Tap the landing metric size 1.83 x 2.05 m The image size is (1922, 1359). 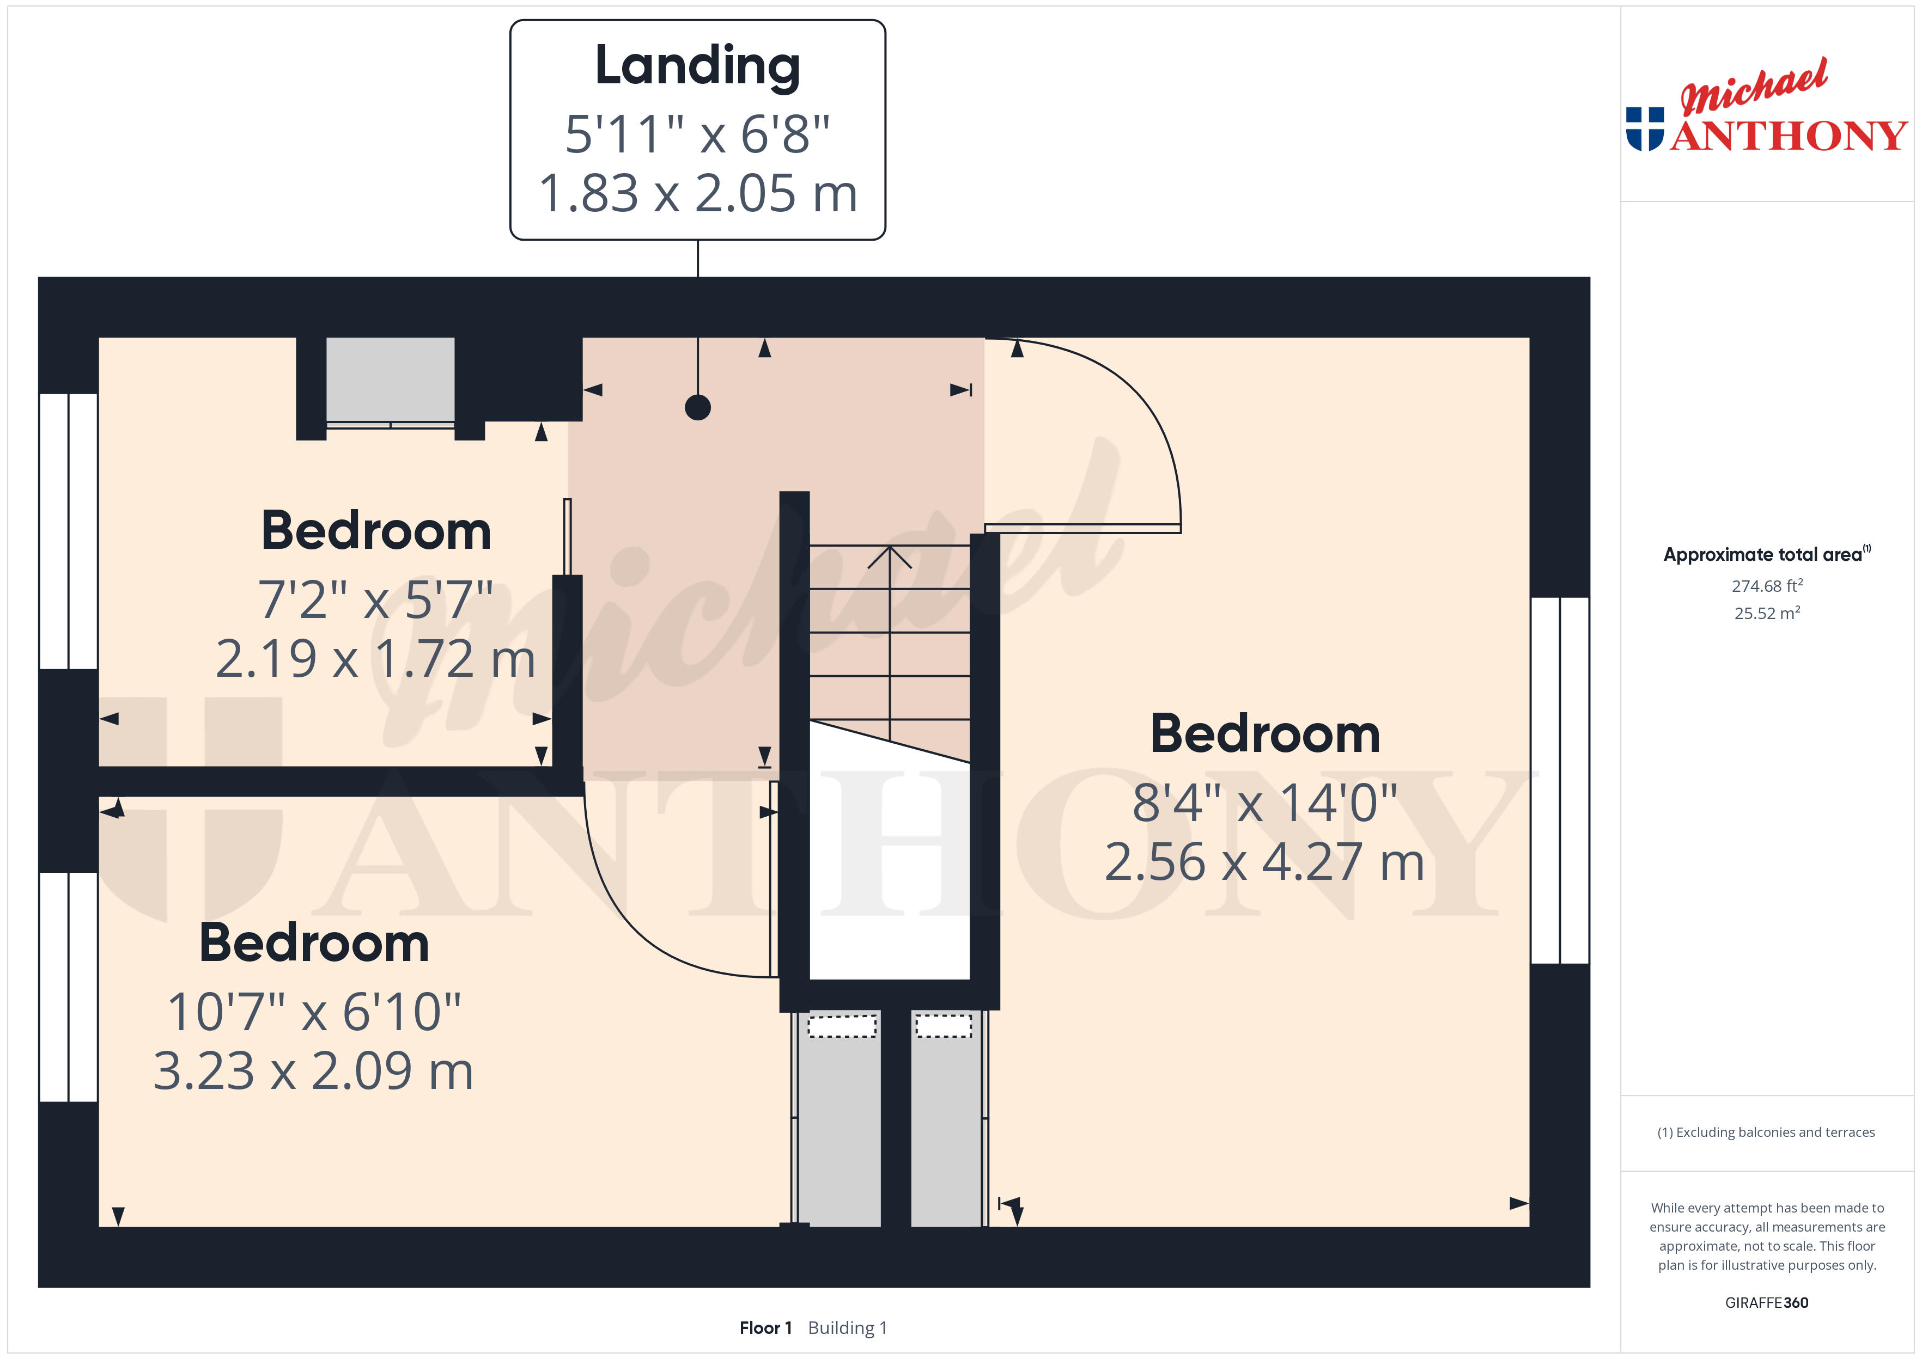pos(697,193)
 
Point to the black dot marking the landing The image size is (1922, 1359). pos(697,407)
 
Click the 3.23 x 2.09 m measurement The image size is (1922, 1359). pos(313,1071)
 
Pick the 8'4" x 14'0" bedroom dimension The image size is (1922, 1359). pos(1265,803)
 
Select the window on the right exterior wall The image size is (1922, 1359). pos(1560,780)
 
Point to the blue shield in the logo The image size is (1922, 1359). pos(1645,129)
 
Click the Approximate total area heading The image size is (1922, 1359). pos(1766,554)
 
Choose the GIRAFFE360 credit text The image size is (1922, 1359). pos(1766,1302)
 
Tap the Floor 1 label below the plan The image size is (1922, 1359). pos(765,1327)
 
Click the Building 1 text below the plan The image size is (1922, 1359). pos(847,1327)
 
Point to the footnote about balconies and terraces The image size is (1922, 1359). pos(1766,1132)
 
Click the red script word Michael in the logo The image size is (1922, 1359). pos(1754,87)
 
